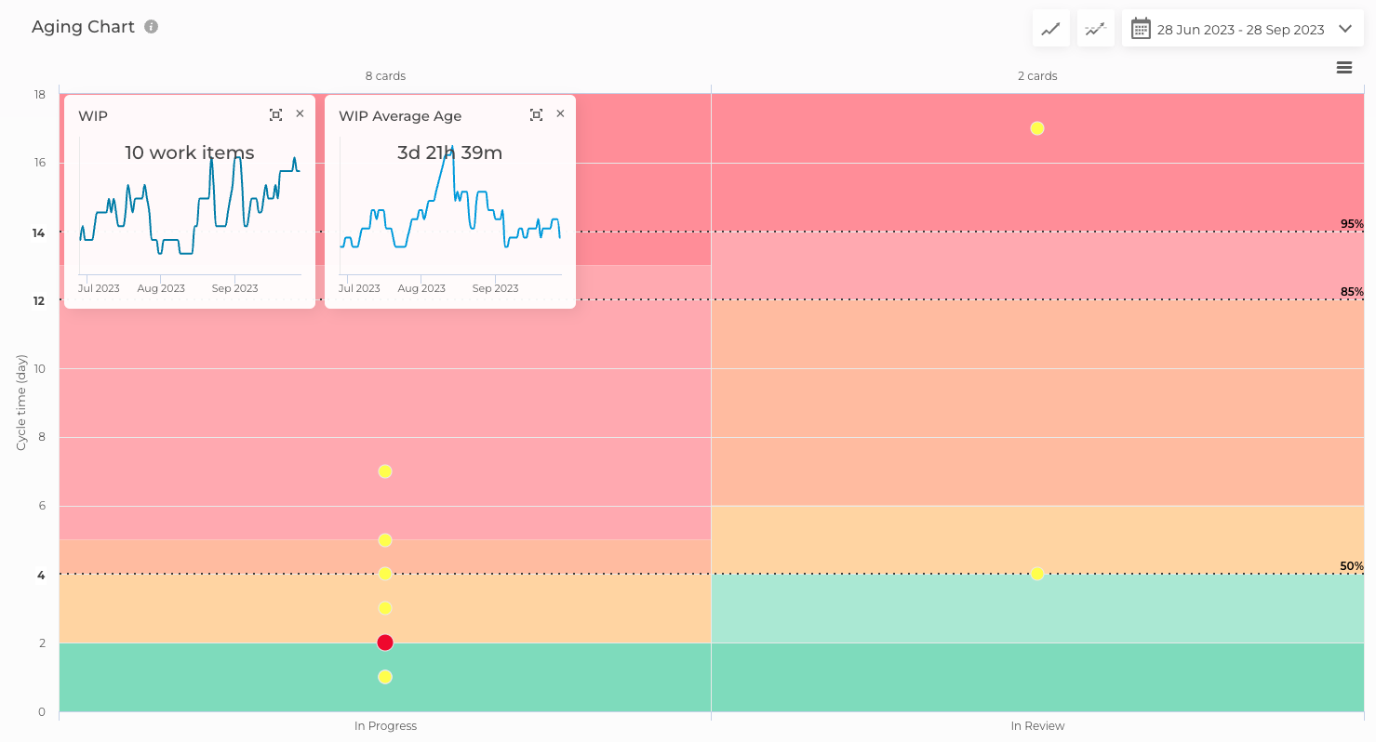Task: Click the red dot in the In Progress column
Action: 385,643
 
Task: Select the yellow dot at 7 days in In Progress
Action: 385,471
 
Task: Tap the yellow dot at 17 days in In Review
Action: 1037,128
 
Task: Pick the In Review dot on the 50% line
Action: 1037,574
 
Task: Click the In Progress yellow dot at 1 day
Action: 385,677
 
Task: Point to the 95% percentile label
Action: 1352,224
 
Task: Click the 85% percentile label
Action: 1352,292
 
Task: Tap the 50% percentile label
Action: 1352,566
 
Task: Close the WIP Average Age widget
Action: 560,113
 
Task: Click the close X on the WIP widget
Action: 300,113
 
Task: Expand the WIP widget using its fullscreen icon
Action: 275,114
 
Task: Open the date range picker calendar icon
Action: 1141,29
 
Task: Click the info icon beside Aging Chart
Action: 152,27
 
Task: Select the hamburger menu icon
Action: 1344,68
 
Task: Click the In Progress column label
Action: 385,726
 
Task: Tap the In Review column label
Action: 1037,726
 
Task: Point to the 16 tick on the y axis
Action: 40,164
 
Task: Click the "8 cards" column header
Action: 385,76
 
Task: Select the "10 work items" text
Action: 190,153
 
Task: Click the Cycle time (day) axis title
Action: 21,402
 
